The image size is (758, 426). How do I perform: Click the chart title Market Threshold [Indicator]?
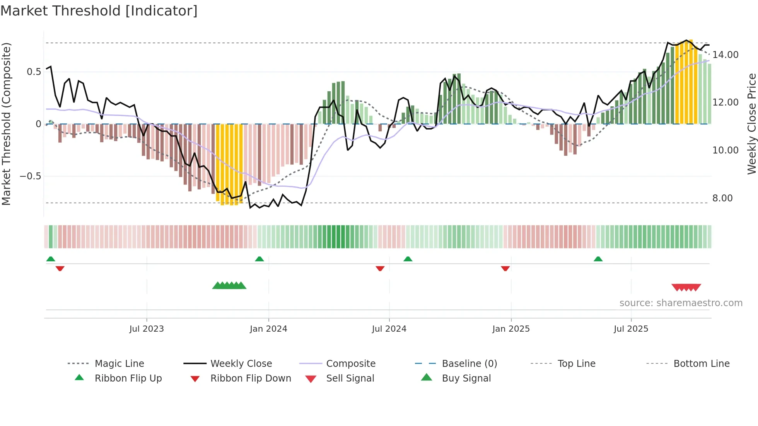(x=99, y=11)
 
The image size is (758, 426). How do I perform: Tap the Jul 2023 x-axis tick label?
(x=147, y=329)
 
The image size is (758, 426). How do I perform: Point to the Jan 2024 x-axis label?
(x=268, y=329)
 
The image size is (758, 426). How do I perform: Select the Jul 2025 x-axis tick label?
(x=631, y=329)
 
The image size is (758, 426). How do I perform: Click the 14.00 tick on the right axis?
(x=726, y=55)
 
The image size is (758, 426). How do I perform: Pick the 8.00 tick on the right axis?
(x=722, y=198)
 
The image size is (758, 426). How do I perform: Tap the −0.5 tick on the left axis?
(x=30, y=176)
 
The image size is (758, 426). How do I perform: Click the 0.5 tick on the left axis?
(x=34, y=72)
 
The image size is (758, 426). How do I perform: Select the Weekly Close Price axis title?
(x=751, y=124)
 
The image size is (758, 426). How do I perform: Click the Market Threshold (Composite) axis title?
(x=6, y=124)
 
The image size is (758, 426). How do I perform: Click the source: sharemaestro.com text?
(x=681, y=303)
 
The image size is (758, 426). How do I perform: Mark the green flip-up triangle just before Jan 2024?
(x=259, y=259)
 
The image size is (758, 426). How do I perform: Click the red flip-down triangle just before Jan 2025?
(x=505, y=268)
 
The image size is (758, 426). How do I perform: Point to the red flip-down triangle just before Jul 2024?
(x=380, y=268)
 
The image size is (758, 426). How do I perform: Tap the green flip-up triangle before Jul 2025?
(x=598, y=259)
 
